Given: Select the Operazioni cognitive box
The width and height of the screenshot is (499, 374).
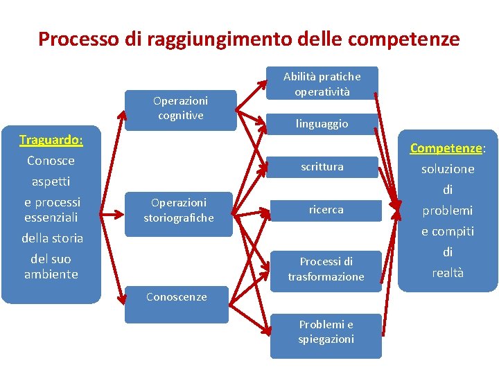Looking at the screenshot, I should (x=180, y=109).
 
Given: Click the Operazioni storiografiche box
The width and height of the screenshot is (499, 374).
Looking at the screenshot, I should (x=179, y=211).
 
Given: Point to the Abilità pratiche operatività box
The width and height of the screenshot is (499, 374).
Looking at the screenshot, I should (x=322, y=84).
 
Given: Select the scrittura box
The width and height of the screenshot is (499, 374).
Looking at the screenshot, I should (x=322, y=167).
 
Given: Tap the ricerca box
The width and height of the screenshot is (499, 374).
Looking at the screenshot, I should (x=326, y=209).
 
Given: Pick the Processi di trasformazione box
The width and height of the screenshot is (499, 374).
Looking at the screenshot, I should (x=326, y=269).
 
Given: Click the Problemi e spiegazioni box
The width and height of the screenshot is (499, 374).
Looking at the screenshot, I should (x=326, y=332).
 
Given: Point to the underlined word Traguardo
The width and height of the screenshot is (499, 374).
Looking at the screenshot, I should (x=50, y=140).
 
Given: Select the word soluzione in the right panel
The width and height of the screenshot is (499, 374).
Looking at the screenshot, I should (x=448, y=169).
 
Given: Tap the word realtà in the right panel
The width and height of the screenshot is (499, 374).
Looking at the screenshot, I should (x=448, y=273).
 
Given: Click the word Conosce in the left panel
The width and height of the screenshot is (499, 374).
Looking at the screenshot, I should (x=51, y=161).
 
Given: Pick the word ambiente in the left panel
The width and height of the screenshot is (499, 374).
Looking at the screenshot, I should (x=51, y=274).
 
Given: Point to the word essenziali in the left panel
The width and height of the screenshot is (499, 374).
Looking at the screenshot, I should (x=52, y=217).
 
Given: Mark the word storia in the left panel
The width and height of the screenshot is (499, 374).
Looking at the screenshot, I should (x=67, y=238).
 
